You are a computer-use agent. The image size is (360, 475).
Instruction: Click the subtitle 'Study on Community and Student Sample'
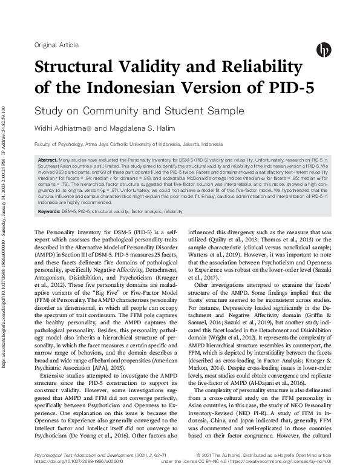(x=130, y=111)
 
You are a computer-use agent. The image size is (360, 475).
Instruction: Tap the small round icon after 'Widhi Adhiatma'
(x=89, y=128)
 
